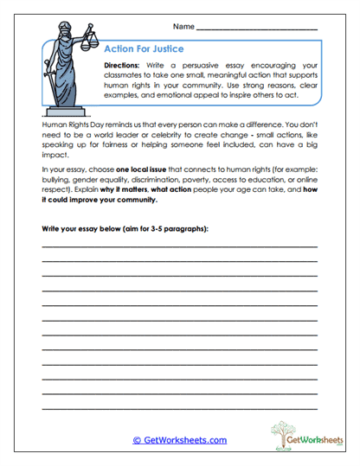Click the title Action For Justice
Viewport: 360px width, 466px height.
point(144,49)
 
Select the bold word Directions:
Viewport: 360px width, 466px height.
point(127,66)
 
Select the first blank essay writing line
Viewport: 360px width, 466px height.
point(179,246)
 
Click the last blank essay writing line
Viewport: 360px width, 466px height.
point(179,407)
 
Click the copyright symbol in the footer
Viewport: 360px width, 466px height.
point(137,440)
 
